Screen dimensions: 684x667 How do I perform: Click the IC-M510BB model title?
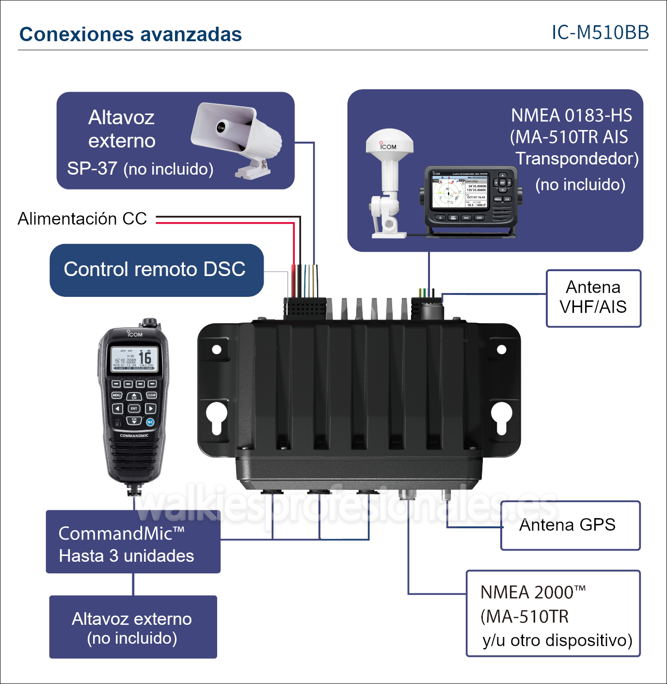coord(600,33)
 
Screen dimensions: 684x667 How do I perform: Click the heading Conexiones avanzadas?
coord(130,34)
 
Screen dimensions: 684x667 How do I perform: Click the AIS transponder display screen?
coord(459,192)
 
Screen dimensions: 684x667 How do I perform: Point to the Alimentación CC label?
coord(82,219)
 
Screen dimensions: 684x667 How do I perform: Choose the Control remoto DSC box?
coord(156,270)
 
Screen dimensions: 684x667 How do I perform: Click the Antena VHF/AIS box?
coord(593,298)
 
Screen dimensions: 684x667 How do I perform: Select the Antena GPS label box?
coord(570,525)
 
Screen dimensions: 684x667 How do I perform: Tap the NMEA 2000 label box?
coord(553,614)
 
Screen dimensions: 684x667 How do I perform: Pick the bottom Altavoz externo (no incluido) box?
coord(133,627)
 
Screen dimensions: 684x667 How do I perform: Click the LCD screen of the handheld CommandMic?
coord(134,359)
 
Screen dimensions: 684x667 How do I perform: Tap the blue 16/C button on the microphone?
coord(151,422)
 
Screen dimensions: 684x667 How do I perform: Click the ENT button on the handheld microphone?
coord(134,408)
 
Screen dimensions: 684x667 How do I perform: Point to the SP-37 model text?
coord(92,169)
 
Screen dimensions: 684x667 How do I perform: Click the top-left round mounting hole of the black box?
coord(217,349)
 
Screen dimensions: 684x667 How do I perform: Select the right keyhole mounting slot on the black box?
coord(501,416)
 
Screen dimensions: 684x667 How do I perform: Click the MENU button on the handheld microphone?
coord(117,395)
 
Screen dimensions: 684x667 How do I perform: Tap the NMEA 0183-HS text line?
coord(572,115)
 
